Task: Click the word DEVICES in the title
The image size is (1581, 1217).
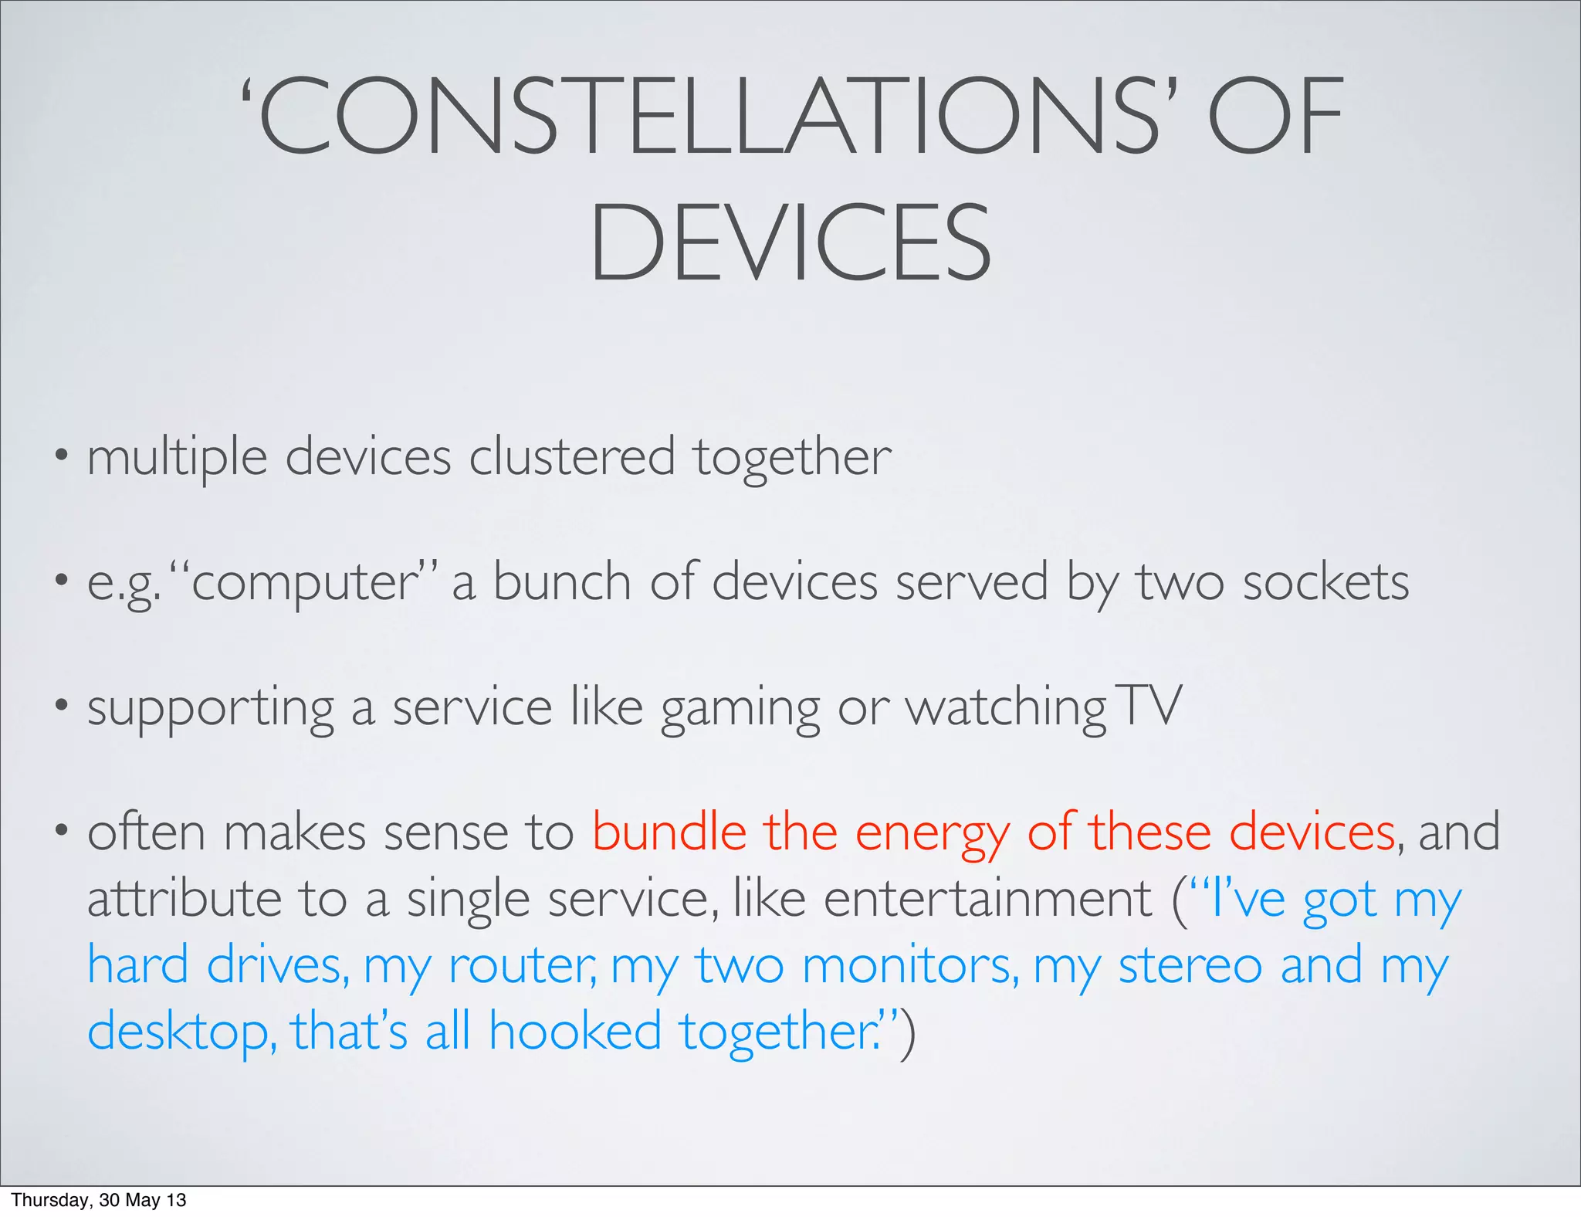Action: pos(790,242)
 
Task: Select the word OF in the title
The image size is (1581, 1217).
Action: pos(1275,117)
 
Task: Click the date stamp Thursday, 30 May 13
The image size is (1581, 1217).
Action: pos(98,1200)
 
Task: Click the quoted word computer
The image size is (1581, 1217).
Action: pos(304,583)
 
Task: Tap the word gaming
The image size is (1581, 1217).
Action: pos(740,709)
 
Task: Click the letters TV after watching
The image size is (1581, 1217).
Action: pos(1149,706)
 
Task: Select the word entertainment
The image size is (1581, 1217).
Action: pos(987,899)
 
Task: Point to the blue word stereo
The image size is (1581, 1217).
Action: pos(1190,965)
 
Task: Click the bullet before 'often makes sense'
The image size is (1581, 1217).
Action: pos(60,831)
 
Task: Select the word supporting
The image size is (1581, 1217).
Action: pos(210,709)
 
